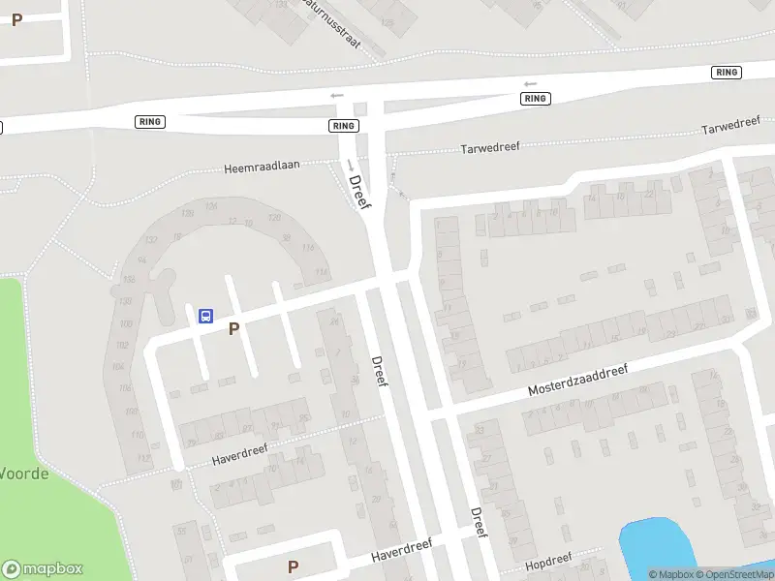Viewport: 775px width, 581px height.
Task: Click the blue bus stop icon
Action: pos(205,316)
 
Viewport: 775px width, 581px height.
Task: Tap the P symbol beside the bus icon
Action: pos(233,329)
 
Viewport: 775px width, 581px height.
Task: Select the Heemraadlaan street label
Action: pos(262,167)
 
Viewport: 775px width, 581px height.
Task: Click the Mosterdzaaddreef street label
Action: pos(578,380)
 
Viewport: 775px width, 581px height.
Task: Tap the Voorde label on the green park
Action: pos(23,474)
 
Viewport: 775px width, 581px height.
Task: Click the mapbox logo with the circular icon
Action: pos(43,568)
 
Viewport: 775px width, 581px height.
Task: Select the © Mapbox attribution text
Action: pos(671,574)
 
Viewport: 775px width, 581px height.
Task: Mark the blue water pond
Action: pos(659,547)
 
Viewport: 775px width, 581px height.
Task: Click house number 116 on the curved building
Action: pos(309,249)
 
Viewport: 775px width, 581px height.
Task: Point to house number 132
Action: pos(127,280)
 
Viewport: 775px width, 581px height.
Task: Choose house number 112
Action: pos(144,456)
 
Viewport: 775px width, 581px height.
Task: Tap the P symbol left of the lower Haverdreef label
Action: pos(293,566)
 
